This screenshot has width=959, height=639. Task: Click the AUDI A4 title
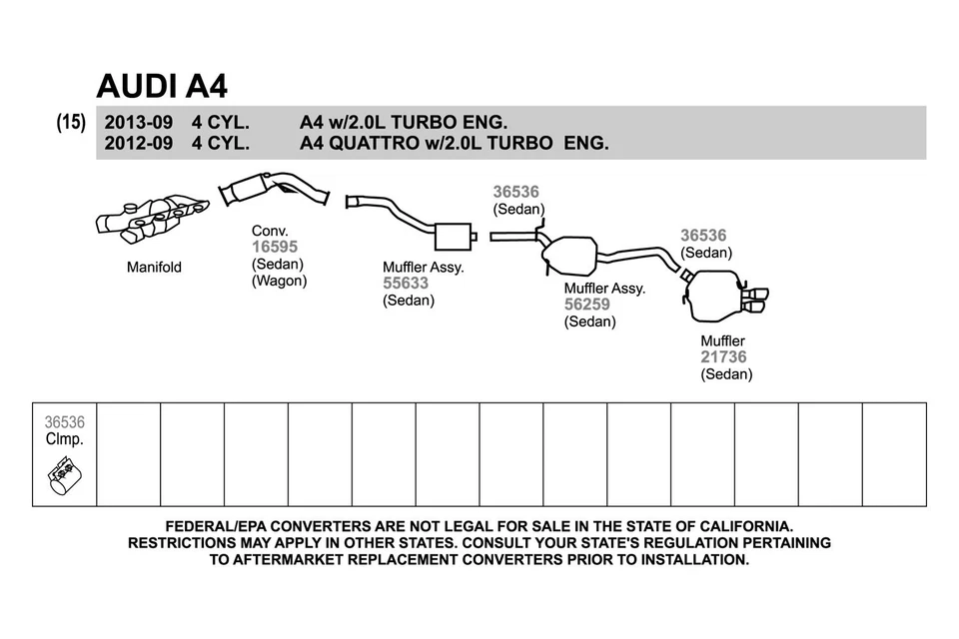[x=162, y=86]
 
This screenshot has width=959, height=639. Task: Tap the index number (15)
[x=71, y=123]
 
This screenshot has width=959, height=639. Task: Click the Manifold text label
[x=154, y=268]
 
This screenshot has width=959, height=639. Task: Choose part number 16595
[x=275, y=247]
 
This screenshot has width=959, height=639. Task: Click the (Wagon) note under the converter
[x=279, y=281]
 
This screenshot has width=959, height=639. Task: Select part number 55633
[x=406, y=284]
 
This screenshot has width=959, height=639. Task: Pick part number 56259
[x=587, y=305]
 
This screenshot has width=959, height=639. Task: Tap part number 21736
[x=723, y=357]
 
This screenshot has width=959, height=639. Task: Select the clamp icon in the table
[x=65, y=477]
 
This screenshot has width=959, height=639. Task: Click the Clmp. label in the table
[x=65, y=439]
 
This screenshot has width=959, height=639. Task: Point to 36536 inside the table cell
[x=65, y=423]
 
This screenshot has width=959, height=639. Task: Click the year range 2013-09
[x=138, y=123]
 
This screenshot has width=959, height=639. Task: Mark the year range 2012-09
[x=138, y=143]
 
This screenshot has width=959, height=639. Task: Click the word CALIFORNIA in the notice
[x=737, y=525]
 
